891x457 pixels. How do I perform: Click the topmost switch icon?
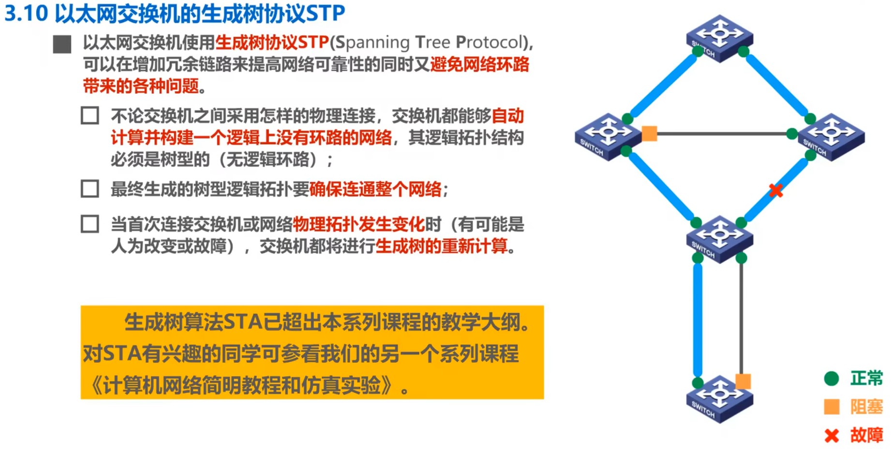point(719,38)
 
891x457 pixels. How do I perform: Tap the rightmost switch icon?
point(831,136)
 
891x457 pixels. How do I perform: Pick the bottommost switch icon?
point(719,398)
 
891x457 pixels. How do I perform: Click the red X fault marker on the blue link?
point(776,190)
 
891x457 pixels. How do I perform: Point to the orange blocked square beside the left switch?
point(649,133)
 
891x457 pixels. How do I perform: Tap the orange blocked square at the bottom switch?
point(743,381)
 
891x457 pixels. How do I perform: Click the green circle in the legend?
point(832,378)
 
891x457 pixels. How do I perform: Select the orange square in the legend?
point(832,407)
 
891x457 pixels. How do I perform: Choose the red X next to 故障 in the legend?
point(832,436)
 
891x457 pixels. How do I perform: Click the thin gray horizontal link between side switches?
point(721,133)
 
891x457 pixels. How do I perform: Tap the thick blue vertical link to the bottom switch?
point(698,319)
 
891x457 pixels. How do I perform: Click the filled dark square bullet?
point(62,44)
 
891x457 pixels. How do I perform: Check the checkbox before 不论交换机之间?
point(90,116)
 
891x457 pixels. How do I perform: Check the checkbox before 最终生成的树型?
point(90,189)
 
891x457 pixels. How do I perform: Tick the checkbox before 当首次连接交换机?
point(90,224)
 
